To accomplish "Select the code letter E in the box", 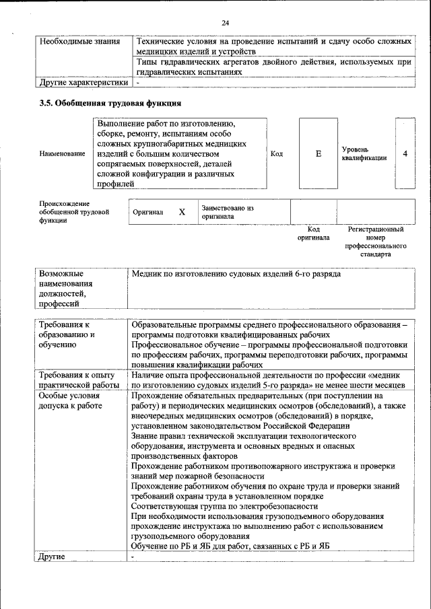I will coord(318,153).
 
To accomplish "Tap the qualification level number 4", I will coord(405,153).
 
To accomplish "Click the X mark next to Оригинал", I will coord(182,212).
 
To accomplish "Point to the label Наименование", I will coord(62,154).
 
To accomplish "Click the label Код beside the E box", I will coord(276,154).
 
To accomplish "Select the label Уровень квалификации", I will coord(364,153).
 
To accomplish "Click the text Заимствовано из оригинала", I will coord(227,212).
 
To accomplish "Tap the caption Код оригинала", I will coord(314,234).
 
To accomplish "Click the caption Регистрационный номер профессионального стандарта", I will coord(375,242).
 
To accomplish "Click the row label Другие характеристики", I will coord(83,83).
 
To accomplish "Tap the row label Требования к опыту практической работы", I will coord(78,380).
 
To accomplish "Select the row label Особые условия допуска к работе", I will coord(71,400).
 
